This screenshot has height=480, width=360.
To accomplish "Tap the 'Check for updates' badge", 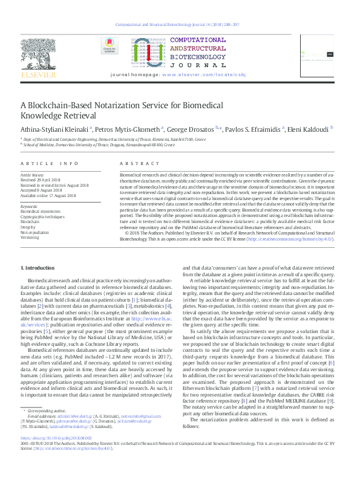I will coord(109,45).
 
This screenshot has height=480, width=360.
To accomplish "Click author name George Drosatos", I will coord(192,129).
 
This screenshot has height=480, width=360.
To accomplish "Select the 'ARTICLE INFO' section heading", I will coord(50,164).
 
